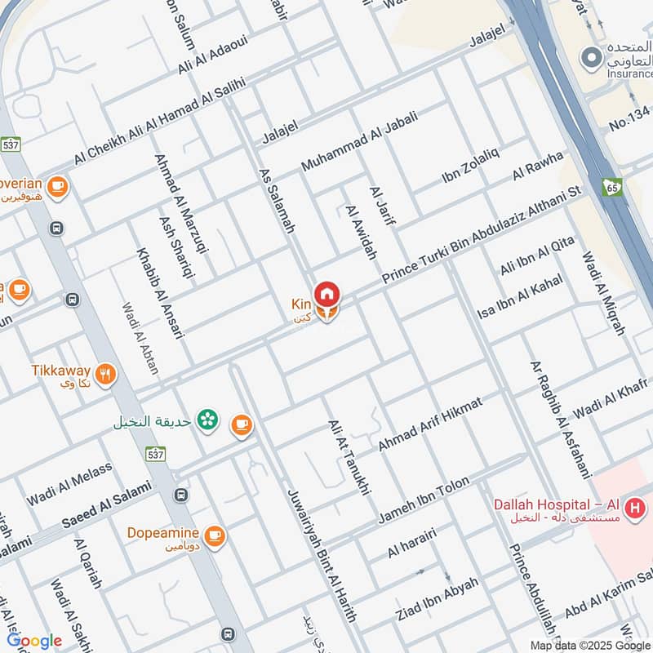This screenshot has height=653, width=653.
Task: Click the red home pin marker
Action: [327, 293]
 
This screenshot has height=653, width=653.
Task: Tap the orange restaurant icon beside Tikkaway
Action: [104, 375]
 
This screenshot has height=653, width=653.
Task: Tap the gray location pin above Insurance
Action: [589, 58]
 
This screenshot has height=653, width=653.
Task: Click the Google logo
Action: [34, 642]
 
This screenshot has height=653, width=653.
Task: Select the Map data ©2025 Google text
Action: [589, 645]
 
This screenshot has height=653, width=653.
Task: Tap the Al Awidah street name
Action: [361, 233]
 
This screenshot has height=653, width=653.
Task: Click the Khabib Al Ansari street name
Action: [161, 291]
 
